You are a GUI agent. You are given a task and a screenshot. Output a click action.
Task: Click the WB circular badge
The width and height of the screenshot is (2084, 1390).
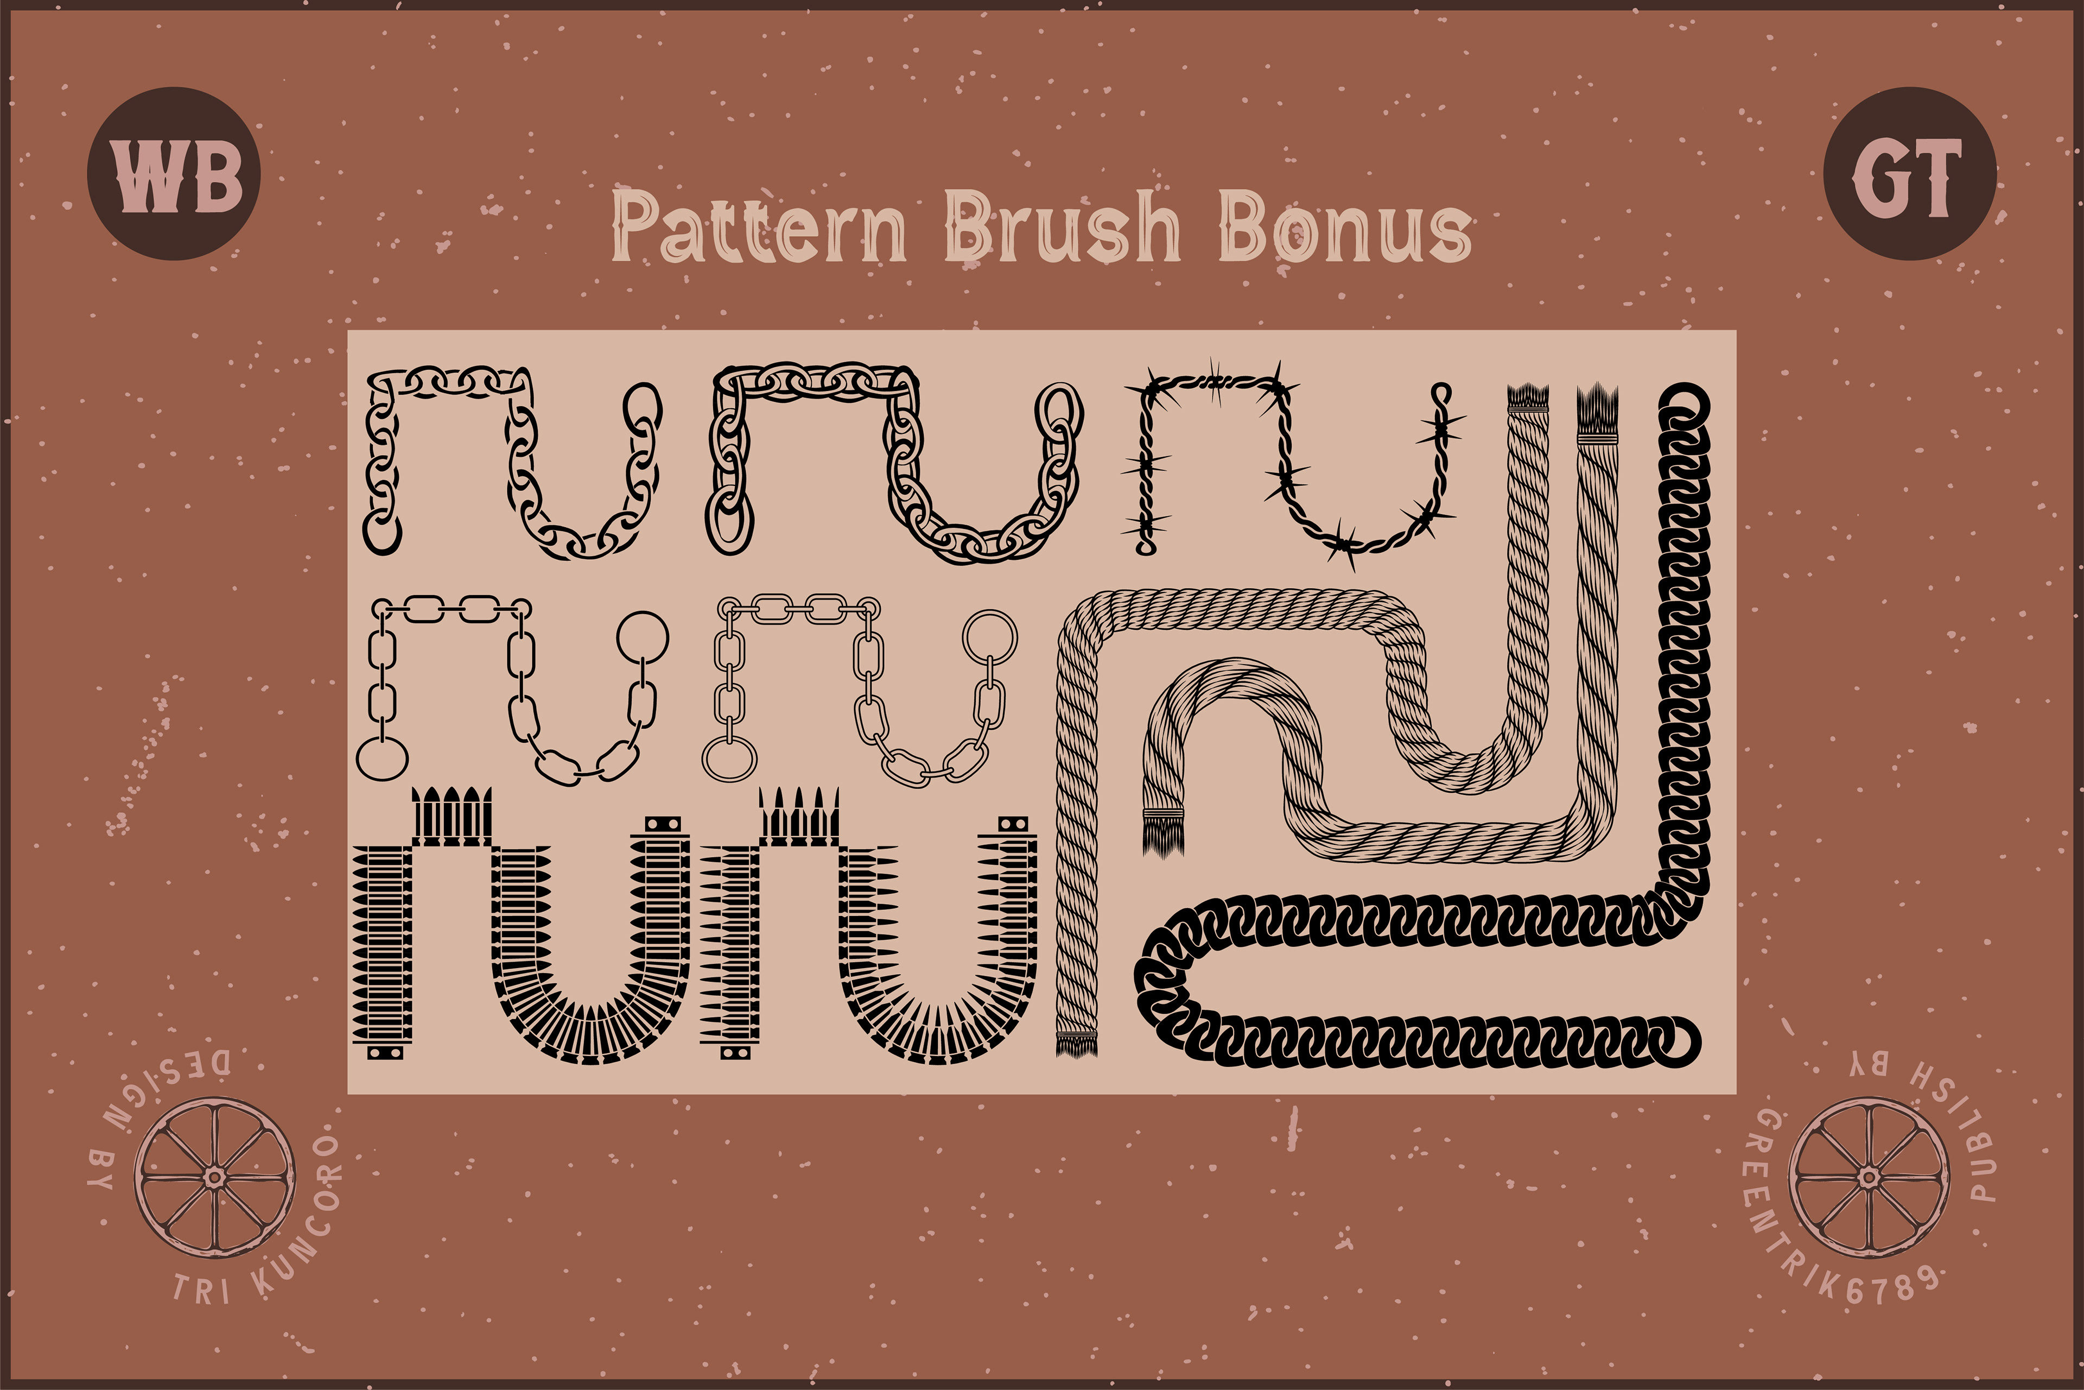tap(174, 174)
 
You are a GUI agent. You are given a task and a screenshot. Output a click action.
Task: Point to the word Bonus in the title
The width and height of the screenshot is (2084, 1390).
tap(1345, 229)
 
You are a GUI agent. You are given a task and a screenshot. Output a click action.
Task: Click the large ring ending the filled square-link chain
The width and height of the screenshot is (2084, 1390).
tap(643, 636)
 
